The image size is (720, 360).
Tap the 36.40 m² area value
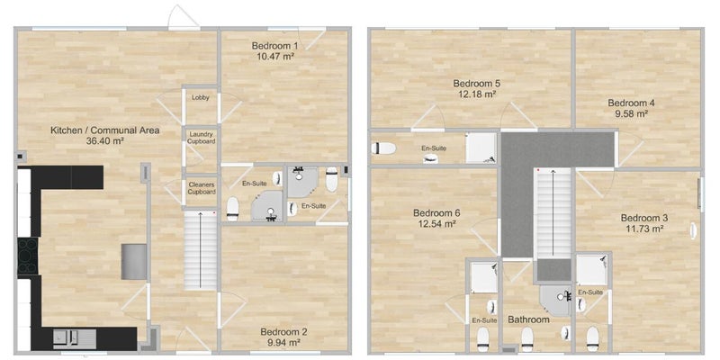105,141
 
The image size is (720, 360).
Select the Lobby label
200,97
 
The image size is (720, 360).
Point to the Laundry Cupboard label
201,138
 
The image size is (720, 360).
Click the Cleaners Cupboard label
201,188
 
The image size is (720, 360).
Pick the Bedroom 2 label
280,332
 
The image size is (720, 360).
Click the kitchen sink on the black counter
74,338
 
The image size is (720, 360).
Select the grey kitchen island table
134,262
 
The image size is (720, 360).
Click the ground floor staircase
200,250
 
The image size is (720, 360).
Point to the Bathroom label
528,319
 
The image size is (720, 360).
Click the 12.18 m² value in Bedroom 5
477,94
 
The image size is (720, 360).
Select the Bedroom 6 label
436,213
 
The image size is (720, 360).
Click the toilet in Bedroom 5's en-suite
383,148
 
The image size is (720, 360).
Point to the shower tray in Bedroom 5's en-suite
481,148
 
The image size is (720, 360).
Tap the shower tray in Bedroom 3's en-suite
591,269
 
